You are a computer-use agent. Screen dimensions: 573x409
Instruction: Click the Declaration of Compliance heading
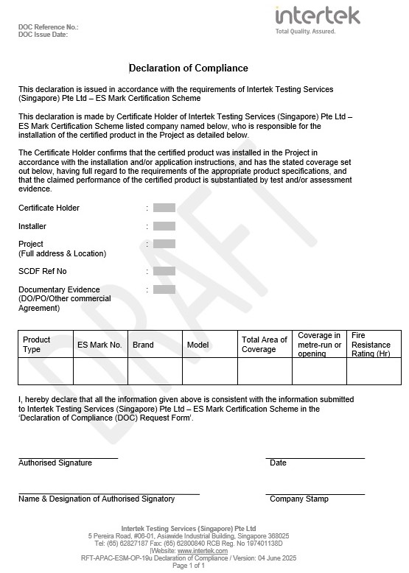(x=189, y=68)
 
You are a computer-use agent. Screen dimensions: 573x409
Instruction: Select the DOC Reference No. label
(x=48, y=27)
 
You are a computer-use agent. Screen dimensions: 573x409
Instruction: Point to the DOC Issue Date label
(x=43, y=35)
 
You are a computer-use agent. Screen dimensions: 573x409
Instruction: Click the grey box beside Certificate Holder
(x=164, y=208)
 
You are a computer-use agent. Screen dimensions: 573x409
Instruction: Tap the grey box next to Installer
(x=164, y=226)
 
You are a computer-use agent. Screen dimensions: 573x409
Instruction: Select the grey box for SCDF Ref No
(x=164, y=271)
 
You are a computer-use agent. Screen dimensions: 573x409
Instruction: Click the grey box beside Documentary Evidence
(x=164, y=289)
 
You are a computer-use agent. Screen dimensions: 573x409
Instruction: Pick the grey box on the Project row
(x=164, y=244)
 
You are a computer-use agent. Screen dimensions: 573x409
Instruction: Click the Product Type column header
(x=37, y=344)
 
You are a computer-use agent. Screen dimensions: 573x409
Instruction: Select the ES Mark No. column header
(x=99, y=344)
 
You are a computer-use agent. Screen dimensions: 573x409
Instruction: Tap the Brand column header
(x=143, y=344)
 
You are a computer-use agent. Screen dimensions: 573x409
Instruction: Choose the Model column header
(x=198, y=344)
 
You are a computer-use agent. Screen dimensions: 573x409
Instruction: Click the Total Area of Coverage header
(x=264, y=344)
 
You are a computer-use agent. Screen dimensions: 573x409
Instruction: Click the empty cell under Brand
(x=156, y=370)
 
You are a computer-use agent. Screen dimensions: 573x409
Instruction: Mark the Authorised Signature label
(x=55, y=463)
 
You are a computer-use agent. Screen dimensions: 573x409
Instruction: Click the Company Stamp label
(x=299, y=499)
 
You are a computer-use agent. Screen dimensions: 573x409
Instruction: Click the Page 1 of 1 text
(x=189, y=566)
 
